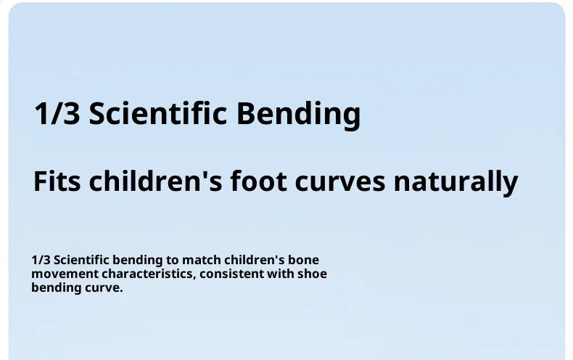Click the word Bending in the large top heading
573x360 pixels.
299,115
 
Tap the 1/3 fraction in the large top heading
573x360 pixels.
57,113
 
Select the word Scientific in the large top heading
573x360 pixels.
158,113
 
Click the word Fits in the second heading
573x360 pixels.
57,181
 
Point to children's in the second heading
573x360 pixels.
155,181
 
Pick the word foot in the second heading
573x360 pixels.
258,181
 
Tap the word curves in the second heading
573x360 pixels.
340,184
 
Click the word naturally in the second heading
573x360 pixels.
456,183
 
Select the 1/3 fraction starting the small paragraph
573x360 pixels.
41,260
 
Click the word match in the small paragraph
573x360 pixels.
202,260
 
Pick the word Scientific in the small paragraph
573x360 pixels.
81,260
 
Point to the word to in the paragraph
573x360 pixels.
173,261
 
